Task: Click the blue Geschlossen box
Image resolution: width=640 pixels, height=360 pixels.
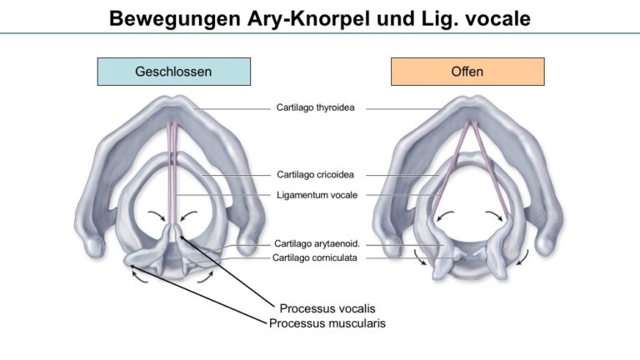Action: (174, 72)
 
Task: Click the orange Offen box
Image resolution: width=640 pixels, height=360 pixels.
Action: (467, 72)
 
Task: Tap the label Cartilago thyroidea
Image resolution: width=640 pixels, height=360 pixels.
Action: (316, 107)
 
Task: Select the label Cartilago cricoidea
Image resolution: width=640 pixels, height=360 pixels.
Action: (315, 175)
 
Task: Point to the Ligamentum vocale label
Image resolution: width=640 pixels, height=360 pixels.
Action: (317, 195)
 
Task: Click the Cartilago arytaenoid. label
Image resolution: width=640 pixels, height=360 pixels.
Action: (317, 243)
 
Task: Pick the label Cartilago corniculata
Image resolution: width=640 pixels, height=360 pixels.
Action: (315, 257)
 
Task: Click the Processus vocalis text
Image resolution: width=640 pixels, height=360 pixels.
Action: (327, 308)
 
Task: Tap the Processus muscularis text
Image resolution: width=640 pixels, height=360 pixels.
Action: (327, 323)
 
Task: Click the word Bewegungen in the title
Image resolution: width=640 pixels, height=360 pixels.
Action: (175, 18)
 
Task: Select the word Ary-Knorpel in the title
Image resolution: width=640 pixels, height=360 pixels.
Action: (308, 18)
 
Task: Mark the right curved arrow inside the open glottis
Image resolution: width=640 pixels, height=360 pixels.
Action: (494, 215)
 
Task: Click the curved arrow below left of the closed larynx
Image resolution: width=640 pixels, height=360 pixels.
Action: (139, 277)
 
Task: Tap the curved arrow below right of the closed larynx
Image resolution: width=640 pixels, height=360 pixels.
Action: (205, 277)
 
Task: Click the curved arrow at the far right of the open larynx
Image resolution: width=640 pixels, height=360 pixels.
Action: (523, 258)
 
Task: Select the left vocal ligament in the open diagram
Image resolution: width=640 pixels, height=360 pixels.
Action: (450, 168)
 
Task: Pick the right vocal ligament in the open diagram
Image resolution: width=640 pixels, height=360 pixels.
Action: (491, 168)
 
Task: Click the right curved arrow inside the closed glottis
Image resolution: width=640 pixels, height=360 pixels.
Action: (188, 215)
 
